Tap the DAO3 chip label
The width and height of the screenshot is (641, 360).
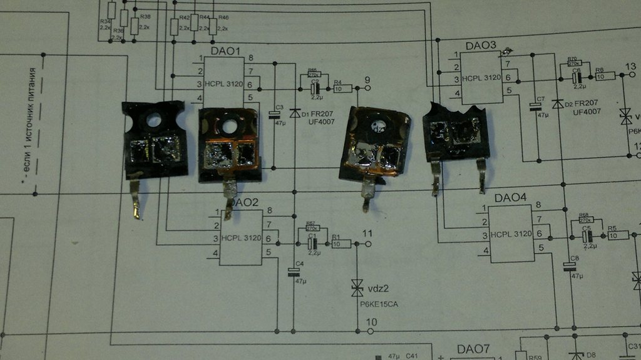click(481, 46)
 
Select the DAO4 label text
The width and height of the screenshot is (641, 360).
click(510, 198)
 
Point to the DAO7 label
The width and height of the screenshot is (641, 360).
click(473, 349)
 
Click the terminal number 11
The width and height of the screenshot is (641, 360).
click(367, 234)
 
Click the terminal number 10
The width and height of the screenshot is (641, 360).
click(371, 322)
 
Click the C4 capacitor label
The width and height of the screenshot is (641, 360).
click(299, 264)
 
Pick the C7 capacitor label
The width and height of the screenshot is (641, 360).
click(540, 99)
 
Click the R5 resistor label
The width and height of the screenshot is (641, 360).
click(612, 228)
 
